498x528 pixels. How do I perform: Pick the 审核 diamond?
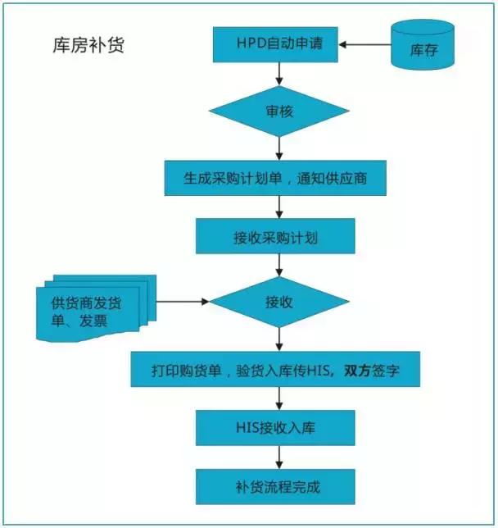(x=279, y=110)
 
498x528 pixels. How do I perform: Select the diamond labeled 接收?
(x=279, y=302)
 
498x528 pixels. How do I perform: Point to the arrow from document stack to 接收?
(x=181, y=302)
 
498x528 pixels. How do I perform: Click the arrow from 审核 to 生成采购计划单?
(x=279, y=147)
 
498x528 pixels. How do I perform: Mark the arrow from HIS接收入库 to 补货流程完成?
(x=279, y=457)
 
